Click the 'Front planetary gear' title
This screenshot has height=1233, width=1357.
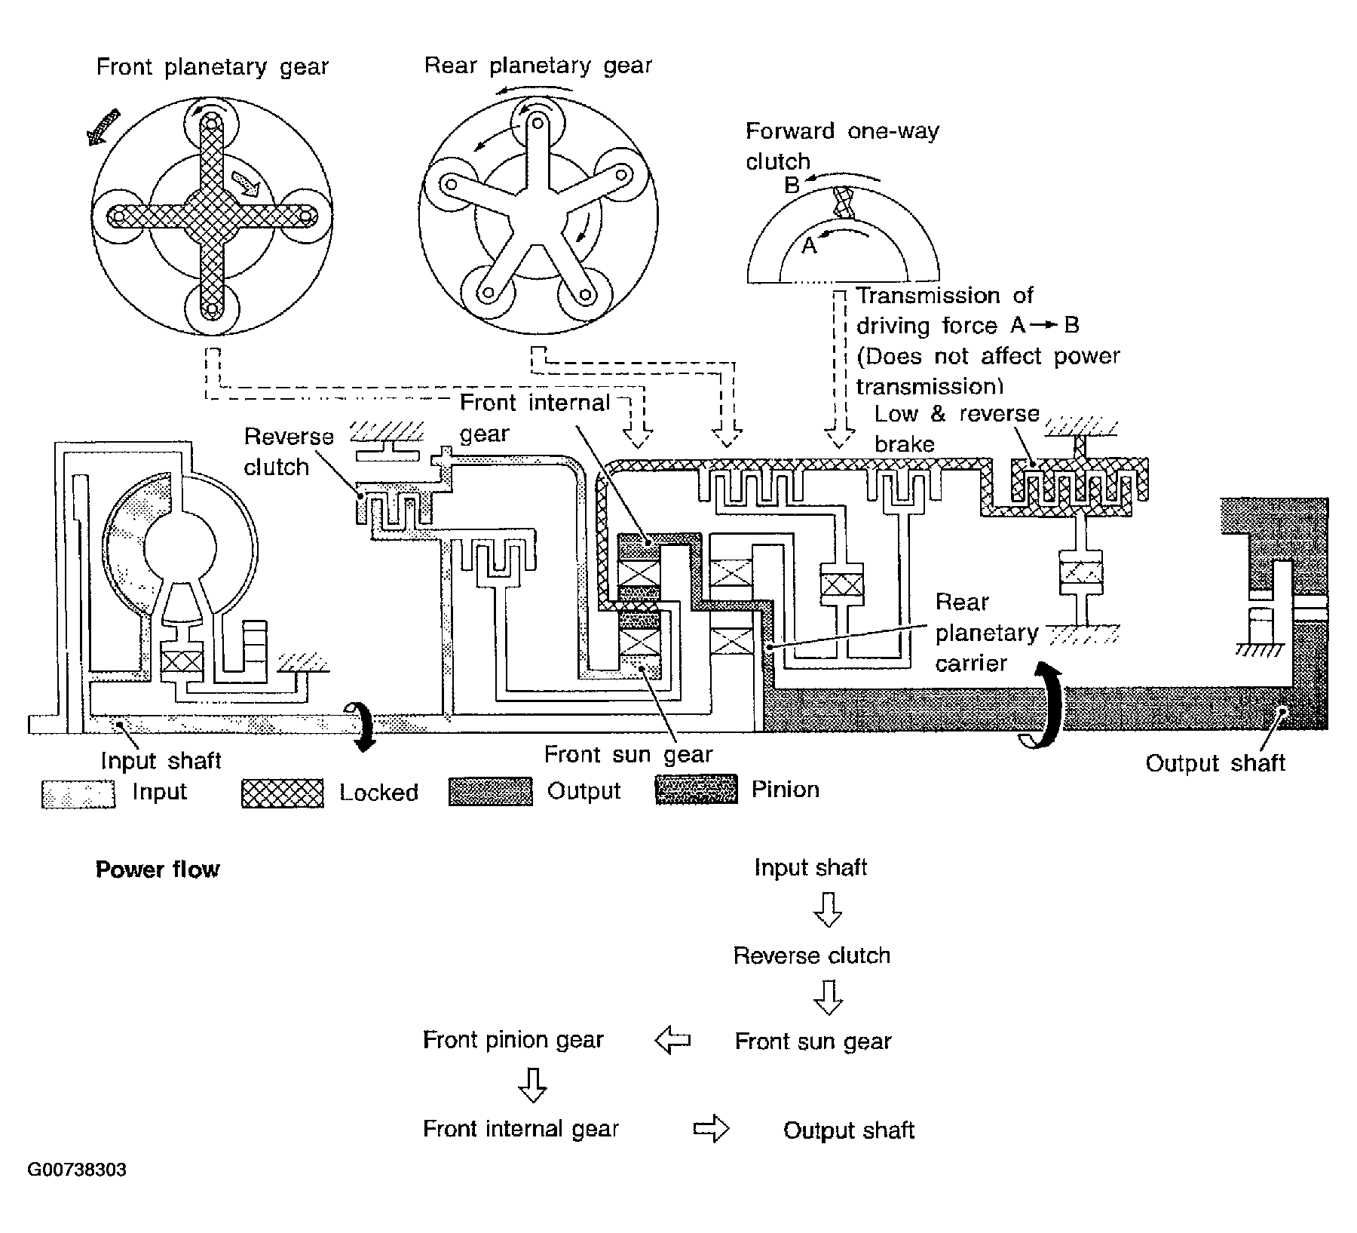212,68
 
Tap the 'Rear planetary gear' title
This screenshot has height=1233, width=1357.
538,66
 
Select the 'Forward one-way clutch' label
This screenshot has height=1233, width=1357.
842,146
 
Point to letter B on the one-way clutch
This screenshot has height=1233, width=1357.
792,185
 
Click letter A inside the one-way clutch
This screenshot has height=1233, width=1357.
809,246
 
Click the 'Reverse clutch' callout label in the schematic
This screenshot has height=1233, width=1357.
288,452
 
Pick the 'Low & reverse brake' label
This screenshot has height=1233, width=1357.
957,428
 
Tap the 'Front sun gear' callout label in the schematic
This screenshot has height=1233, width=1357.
628,754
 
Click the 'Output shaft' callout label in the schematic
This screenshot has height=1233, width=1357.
1215,763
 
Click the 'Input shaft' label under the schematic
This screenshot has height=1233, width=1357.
161,760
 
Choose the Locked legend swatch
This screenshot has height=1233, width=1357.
283,793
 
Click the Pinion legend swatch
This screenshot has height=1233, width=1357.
697,790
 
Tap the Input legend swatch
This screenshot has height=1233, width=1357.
78,794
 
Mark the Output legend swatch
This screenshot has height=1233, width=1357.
491,792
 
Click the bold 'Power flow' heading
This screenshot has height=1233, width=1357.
158,870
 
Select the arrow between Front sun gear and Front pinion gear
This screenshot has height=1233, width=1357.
672,1041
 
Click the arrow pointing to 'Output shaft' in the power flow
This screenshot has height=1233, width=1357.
711,1129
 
